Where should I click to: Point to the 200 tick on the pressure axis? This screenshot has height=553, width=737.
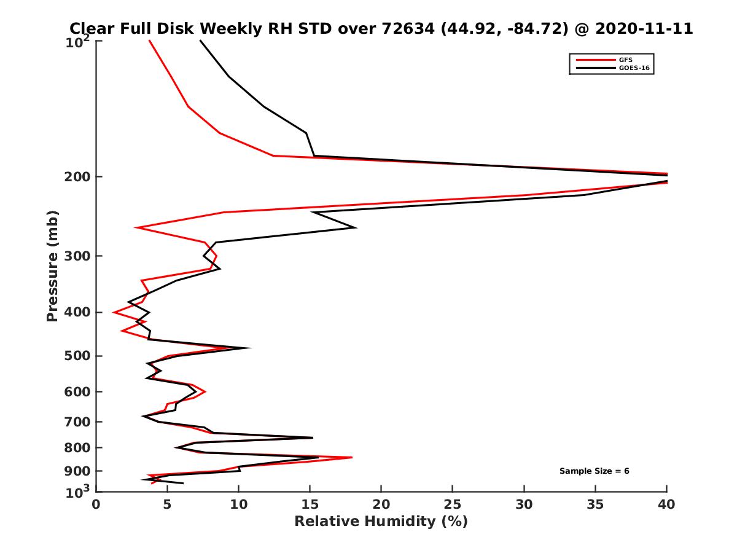point(78,177)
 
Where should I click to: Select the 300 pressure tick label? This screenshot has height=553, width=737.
point(78,256)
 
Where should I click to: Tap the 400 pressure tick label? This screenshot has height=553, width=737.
point(78,312)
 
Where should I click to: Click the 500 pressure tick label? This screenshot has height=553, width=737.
point(78,356)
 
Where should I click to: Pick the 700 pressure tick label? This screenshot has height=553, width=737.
point(78,422)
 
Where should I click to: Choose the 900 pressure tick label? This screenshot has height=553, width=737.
point(78,471)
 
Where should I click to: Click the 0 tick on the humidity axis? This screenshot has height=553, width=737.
point(96,504)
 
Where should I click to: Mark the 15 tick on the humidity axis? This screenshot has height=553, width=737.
point(310,504)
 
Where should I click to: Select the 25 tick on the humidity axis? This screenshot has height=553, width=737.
point(453,504)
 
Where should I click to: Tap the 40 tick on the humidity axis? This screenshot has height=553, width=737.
point(667,504)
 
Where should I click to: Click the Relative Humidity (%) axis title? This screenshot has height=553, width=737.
point(381,522)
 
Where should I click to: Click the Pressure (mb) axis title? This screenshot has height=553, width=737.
point(52,265)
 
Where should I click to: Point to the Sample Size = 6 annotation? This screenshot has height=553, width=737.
point(594,471)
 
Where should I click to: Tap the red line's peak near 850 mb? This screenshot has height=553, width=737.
point(352,457)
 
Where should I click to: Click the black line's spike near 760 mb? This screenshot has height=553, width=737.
point(313,437)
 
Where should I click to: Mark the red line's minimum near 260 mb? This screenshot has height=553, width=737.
point(136,228)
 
